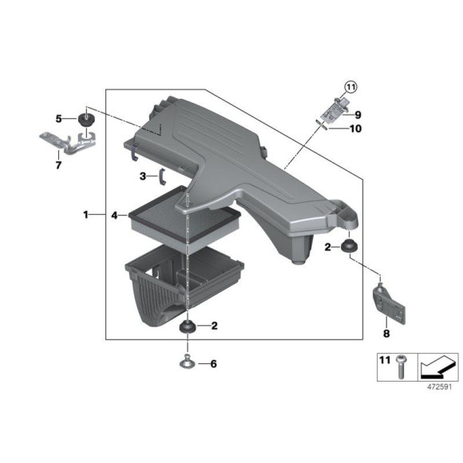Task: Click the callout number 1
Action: [86, 215]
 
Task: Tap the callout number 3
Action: [142, 176]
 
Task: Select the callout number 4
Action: [115, 215]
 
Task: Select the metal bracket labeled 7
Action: [68, 145]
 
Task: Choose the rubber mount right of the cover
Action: [348, 246]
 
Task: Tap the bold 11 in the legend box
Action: [385, 362]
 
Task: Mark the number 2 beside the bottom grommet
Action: [214, 325]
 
